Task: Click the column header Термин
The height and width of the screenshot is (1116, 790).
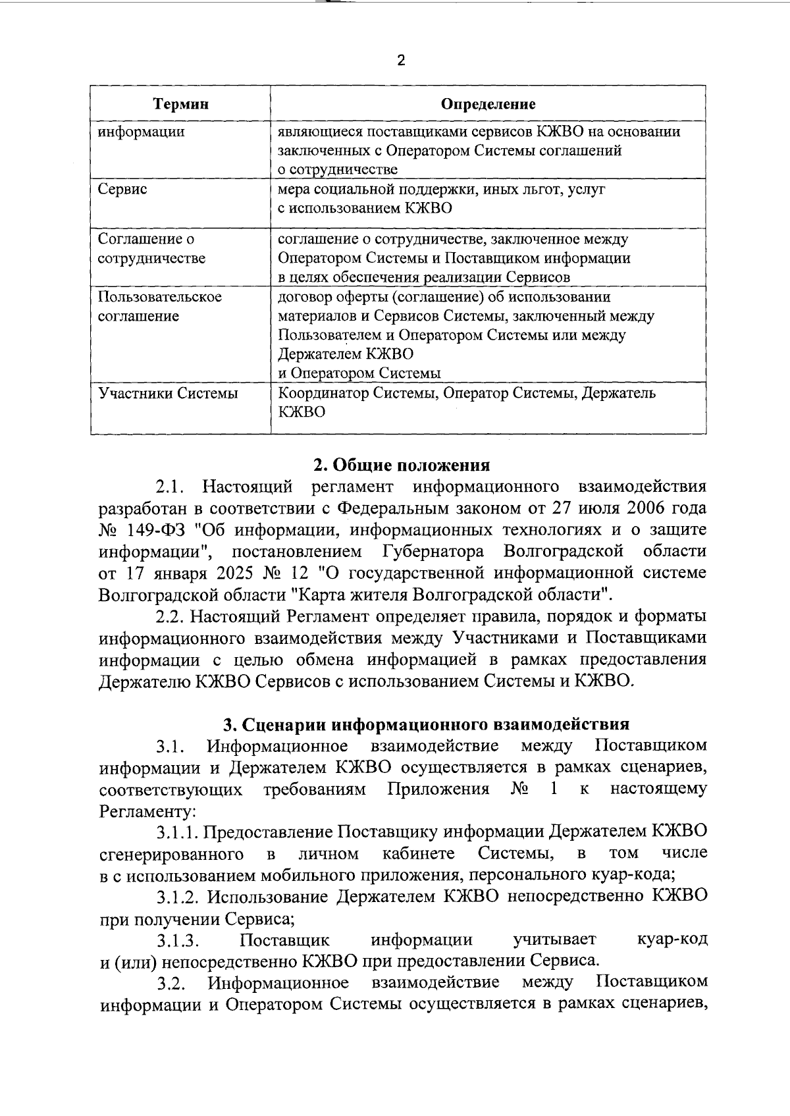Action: (180, 104)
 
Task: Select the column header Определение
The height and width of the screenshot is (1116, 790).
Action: (488, 104)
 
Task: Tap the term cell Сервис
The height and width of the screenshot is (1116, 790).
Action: (122, 190)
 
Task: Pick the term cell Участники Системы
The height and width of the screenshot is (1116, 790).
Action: (168, 394)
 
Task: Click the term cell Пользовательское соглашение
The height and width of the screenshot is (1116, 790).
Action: (159, 306)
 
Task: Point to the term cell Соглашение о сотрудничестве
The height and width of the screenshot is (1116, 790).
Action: (151, 248)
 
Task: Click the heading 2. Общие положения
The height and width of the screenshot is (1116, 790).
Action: (401, 465)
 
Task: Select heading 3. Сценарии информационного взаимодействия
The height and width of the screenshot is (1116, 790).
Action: (426, 724)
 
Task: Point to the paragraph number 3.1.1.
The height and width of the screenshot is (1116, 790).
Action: (178, 832)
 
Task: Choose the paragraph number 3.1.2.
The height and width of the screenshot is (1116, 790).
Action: (178, 896)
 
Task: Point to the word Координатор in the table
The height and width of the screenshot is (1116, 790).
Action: (319, 394)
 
